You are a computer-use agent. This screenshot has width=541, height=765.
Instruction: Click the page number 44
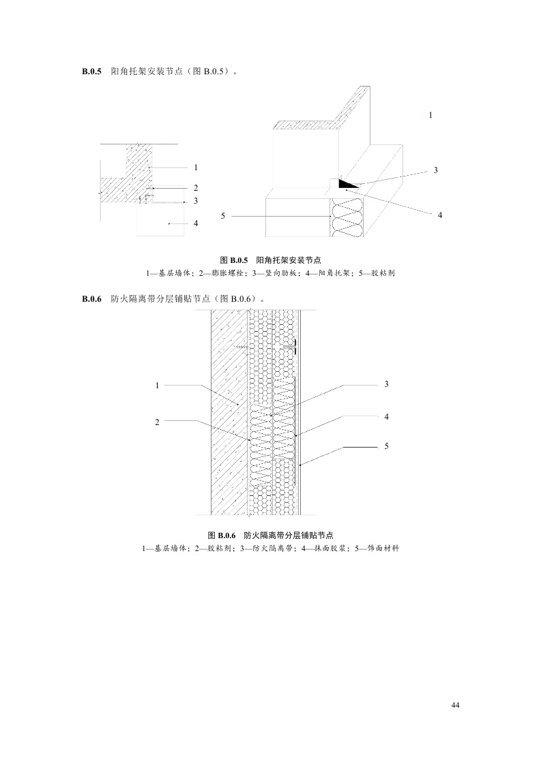pyautogui.click(x=456, y=704)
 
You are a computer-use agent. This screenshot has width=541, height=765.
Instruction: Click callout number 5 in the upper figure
pyautogui.click(x=223, y=216)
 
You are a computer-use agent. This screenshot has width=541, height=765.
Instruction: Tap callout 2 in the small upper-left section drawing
pyautogui.click(x=195, y=187)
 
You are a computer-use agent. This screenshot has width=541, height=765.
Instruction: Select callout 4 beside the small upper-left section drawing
pyautogui.click(x=195, y=223)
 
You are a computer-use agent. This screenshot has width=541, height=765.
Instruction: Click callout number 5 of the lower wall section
pyautogui.click(x=386, y=446)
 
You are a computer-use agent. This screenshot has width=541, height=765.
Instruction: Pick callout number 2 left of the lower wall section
pyautogui.click(x=157, y=422)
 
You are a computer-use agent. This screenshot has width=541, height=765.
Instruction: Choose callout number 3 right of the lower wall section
pyautogui.click(x=386, y=385)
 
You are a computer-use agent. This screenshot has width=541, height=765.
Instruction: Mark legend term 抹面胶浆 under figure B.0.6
pyautogui.click(x=320, y=548)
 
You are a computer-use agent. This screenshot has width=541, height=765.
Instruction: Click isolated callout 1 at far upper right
pyautogui.click(x=430, y=115)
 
